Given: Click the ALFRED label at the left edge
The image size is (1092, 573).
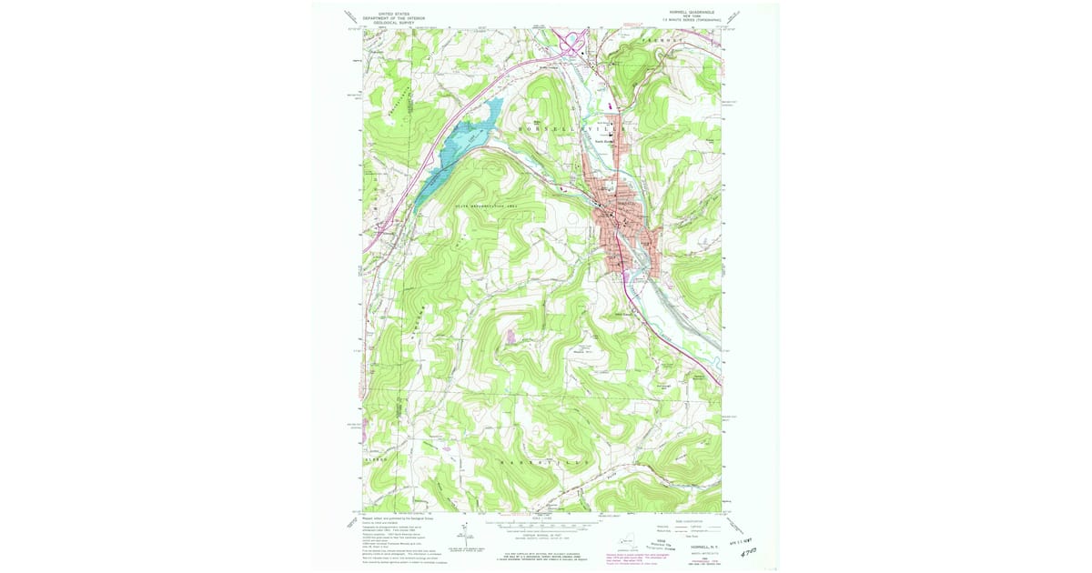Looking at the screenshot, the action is pos(377,461).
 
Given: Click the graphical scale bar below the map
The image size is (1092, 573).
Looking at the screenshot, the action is pos(546,526).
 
